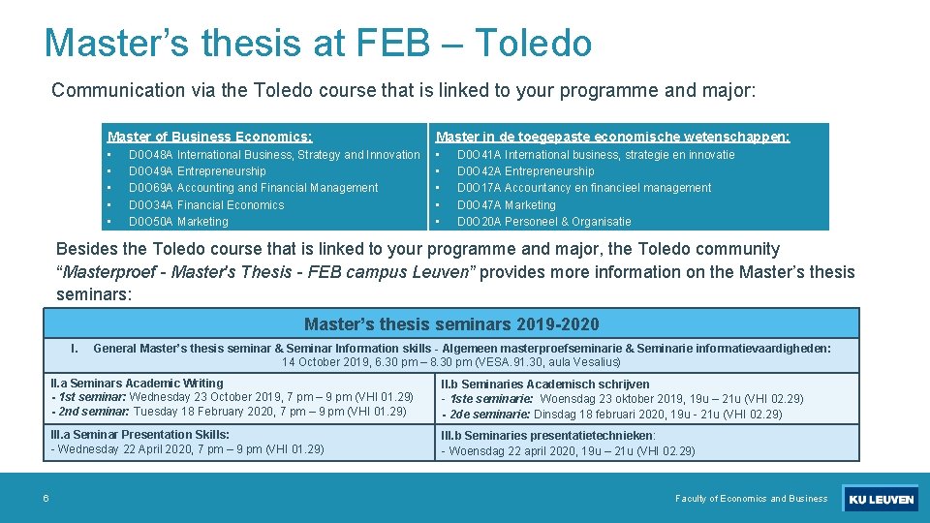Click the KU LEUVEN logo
881,500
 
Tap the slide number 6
46,499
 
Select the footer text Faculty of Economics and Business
751,499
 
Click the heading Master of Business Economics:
209,137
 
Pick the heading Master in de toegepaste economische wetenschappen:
612,137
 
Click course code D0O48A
150,155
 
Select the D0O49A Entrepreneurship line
197,171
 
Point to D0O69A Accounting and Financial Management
253,188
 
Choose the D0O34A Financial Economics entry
206,205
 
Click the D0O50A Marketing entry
178,222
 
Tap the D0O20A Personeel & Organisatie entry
543,222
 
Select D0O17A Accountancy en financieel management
583,188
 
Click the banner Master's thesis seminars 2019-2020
451,324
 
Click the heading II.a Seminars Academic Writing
137,384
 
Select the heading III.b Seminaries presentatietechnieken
548,436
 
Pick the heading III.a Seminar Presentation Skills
139,435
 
